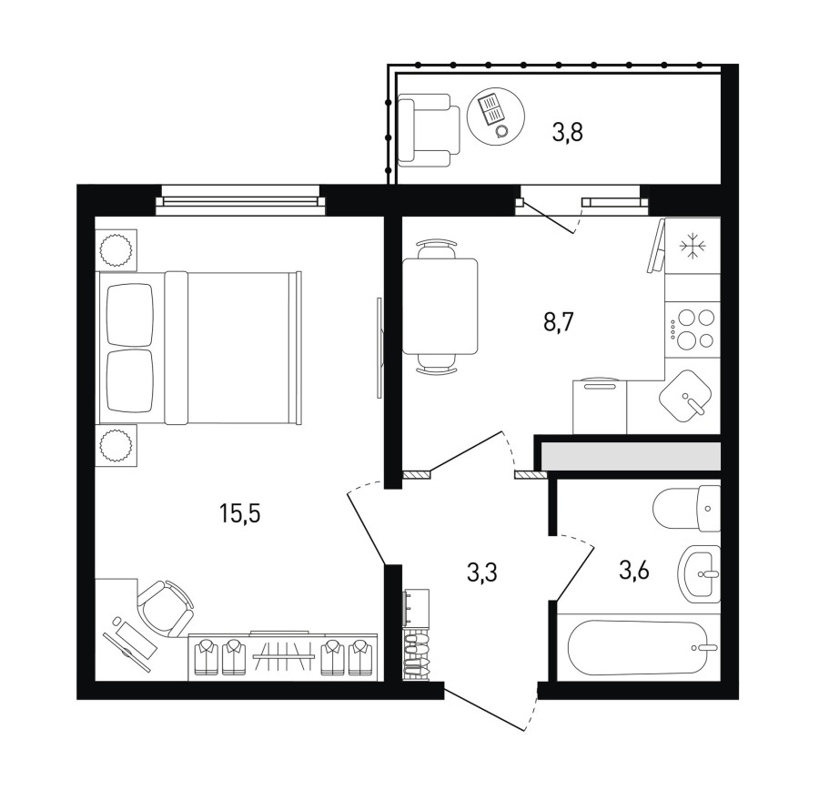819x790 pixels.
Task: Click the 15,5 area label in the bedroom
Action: [239, 514]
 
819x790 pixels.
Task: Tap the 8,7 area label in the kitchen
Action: [559, 322]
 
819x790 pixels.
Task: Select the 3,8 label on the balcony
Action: [567, 132]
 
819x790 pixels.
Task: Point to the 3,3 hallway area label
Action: [481, 572]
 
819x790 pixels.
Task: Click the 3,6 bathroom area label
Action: [633, 571]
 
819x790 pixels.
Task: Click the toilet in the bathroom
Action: [687, 508]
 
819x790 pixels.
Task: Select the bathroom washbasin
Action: [700, 573]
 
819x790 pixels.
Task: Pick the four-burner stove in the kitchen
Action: [693, 329]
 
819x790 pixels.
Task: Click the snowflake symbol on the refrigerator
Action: [693, 246]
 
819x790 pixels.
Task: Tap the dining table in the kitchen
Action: [440, 306]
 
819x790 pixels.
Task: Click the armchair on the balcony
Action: [429, 131]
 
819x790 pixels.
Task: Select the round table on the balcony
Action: [496, 116]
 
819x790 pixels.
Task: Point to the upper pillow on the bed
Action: [129, 315]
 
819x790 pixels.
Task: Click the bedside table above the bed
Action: [116, 249]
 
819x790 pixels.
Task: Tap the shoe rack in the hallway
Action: [416, 654]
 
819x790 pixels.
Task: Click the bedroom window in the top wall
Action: [240, 199]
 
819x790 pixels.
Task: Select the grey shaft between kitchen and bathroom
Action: [631, 456]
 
